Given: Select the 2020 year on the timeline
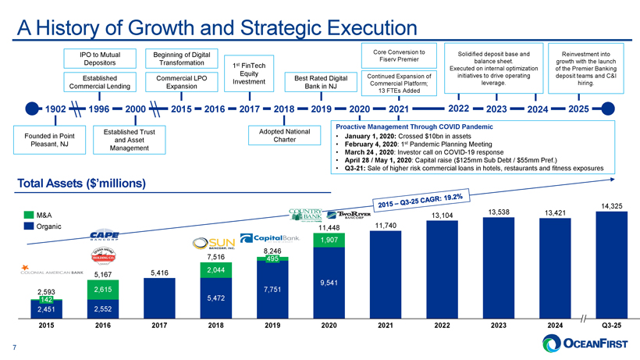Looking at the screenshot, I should point(359,109).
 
